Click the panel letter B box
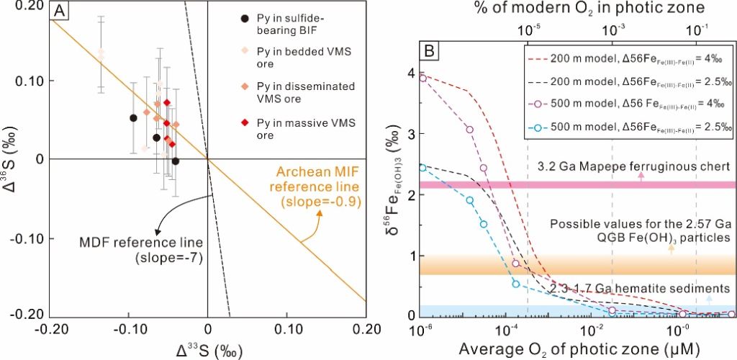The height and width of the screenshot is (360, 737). click(430, 52)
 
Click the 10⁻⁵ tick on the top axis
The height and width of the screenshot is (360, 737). click(528, 31)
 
